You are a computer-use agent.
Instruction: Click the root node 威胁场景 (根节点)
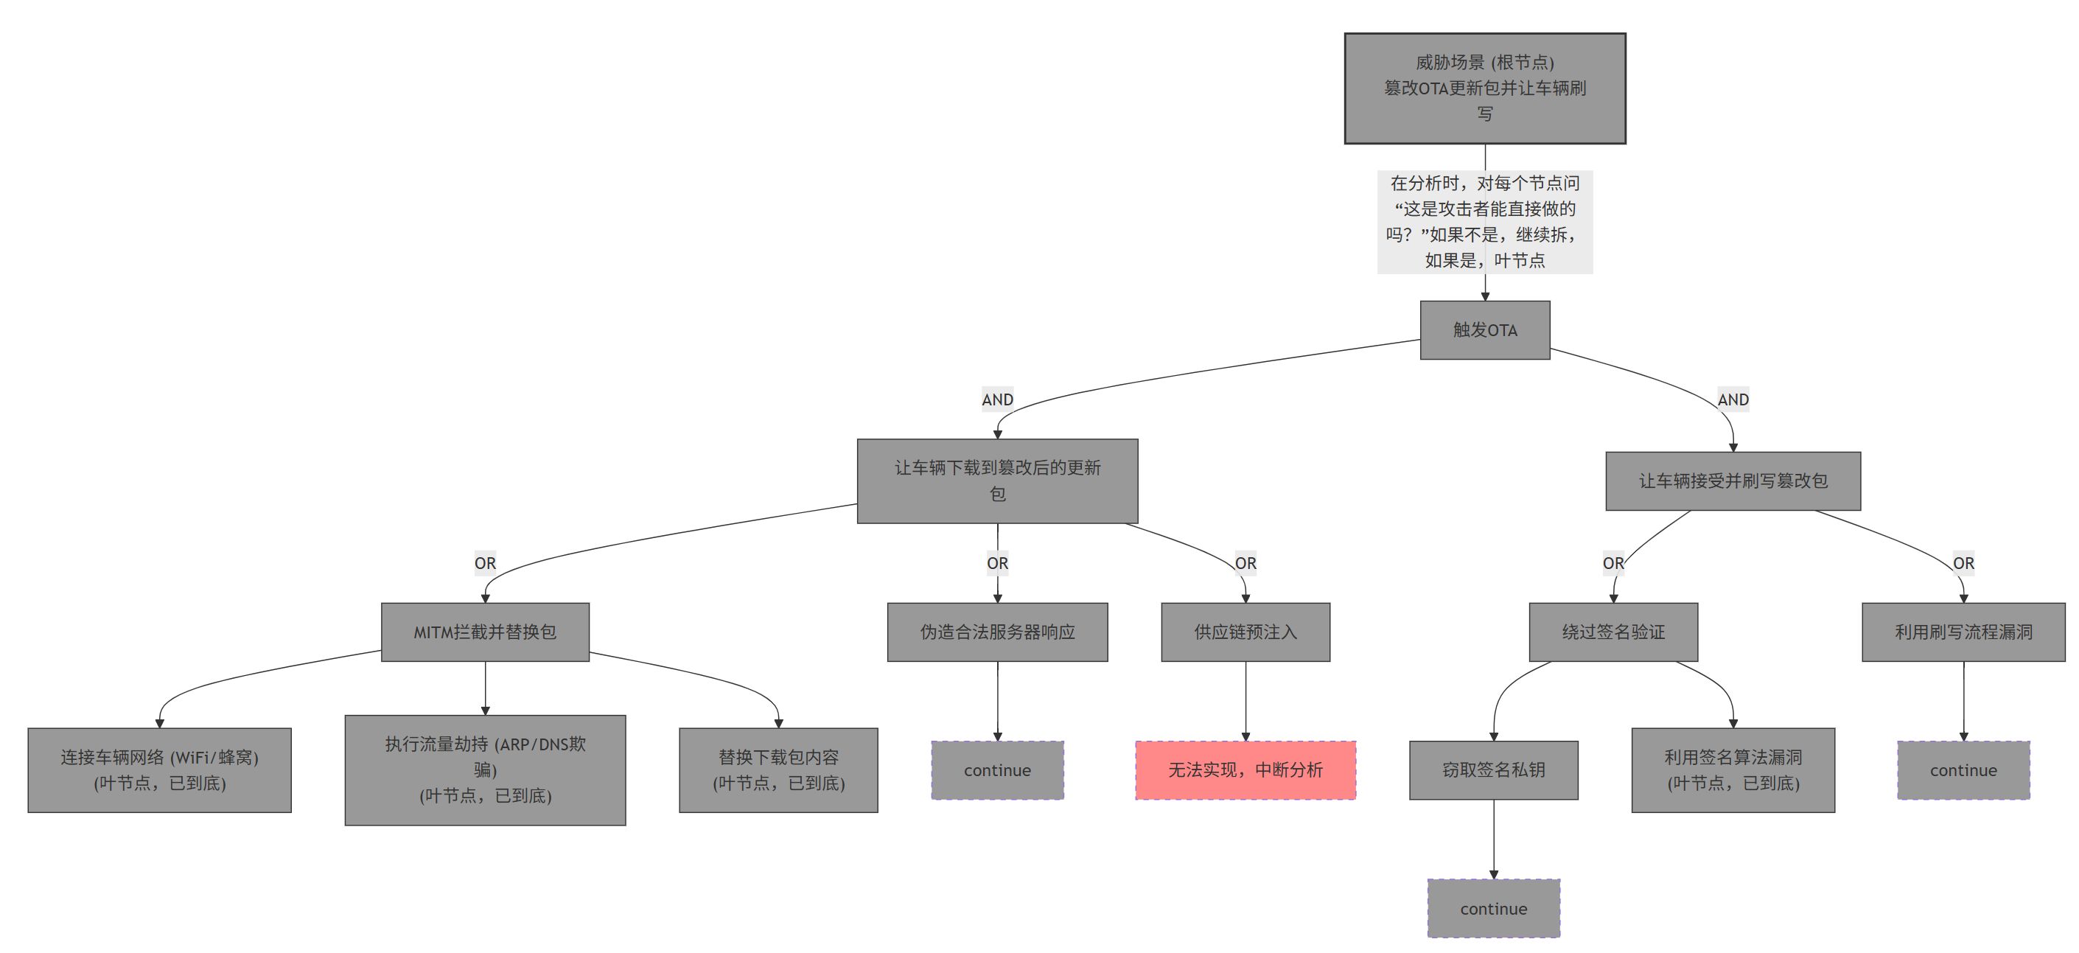point(1484,88)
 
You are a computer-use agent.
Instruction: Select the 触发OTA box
point(1484,330)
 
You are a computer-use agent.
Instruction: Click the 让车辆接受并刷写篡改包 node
point(1732,481)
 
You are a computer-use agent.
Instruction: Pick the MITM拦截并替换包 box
point(484,632)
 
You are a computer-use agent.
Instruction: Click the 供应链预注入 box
point(1245,632)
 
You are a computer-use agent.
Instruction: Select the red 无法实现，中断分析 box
point(1245,769)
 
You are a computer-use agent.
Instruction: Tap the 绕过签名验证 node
point(1612,632)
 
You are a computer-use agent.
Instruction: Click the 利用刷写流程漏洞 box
point(1963,632)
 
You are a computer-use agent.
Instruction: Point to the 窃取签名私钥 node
point(1493,769)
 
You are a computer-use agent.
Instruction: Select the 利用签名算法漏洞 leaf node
point(1732,769)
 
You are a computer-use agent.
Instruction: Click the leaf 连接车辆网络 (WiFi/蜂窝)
point(159,769)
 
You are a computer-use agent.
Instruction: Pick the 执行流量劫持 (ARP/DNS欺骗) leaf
point(484,769)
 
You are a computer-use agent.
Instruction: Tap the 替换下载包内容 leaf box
point(778,769)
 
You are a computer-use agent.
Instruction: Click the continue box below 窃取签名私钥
point(1493,909)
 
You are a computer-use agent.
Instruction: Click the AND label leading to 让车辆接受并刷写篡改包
point(1732,399)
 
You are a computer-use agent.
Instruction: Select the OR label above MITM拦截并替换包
point(484,563)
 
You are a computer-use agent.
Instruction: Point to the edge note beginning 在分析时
point(1484,221)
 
